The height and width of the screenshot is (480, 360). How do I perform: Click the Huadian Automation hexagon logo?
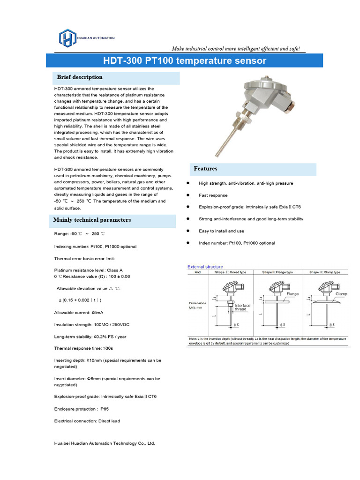coord(67,38)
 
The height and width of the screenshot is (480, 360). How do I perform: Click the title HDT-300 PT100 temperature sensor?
coord(184,61)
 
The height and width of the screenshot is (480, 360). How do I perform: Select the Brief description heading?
coord(80,77)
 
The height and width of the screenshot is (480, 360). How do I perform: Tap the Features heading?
coord(206,169)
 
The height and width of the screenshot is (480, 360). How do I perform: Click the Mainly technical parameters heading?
coord(92,220)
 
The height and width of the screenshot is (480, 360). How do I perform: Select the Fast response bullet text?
coord(213,195)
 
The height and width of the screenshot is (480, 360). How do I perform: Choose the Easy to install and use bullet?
coord(221,231)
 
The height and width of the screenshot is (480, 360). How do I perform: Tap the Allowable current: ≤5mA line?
coord(79,313)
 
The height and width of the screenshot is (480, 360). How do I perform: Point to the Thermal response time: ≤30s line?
coord(84,348)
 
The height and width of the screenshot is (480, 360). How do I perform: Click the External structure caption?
coord(205,267)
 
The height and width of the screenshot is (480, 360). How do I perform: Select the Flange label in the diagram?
coord(292,294)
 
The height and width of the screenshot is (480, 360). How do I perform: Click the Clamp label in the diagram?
coord(341,293)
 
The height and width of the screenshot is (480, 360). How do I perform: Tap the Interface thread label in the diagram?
coord(242,307)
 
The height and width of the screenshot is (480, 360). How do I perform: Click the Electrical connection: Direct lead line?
coord(87,421)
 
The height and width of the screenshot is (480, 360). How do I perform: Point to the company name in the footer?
coord(105,443)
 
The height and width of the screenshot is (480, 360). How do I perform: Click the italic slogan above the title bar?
coord(236,49)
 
